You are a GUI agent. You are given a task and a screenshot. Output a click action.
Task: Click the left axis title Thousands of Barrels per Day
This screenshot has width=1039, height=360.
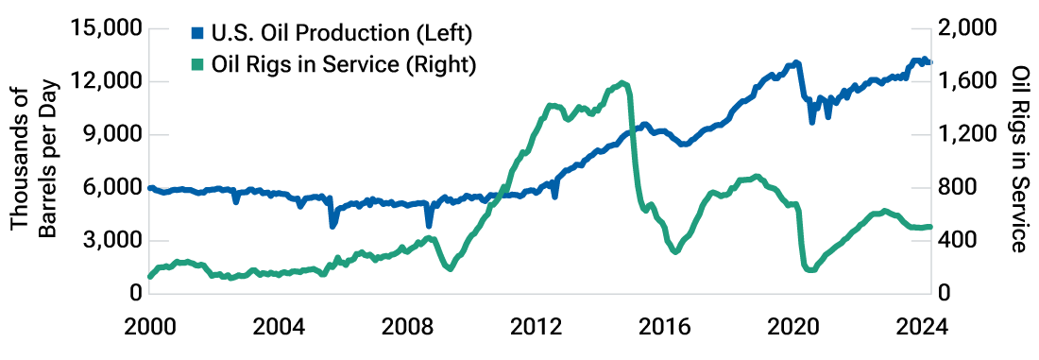[x=32, y=162]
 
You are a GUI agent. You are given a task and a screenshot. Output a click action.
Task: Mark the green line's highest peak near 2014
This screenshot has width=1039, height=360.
[x=622, y=83]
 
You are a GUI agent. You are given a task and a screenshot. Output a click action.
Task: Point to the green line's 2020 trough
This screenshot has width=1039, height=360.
[x=809, y=270]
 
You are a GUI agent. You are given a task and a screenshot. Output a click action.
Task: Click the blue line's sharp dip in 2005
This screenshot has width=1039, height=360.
[x=332, y=225]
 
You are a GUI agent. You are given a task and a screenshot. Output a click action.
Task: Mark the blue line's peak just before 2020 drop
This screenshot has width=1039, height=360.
[x=796, y=63]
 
